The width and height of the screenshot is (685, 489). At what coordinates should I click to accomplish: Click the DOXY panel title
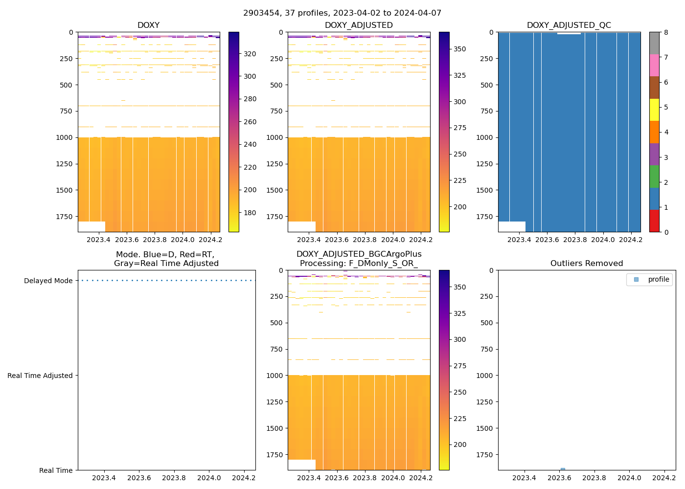tap(148, 25)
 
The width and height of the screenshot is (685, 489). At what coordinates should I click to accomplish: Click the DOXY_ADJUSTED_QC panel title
tap(569, 25)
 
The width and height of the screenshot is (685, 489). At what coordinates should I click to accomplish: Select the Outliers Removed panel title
tap(586, 264)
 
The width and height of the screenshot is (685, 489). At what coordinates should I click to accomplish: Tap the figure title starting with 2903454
tap(342, 13)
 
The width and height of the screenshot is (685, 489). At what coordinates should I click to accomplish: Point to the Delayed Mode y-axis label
tap(48, 281)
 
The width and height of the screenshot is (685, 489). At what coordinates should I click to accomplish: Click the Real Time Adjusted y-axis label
tap(40, 376)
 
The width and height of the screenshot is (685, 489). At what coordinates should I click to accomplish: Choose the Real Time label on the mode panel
tap(56, 470)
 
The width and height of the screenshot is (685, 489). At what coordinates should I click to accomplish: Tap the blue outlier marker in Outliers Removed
tap(563, 469)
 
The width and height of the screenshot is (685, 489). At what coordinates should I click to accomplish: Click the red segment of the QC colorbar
tap(654, 221)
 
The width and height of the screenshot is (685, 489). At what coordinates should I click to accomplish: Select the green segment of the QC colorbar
tap(654, 177)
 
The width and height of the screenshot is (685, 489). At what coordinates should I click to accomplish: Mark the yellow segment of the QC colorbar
tap(654, 110)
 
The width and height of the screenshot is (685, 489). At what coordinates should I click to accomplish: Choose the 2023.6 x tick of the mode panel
tap(139, 478)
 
